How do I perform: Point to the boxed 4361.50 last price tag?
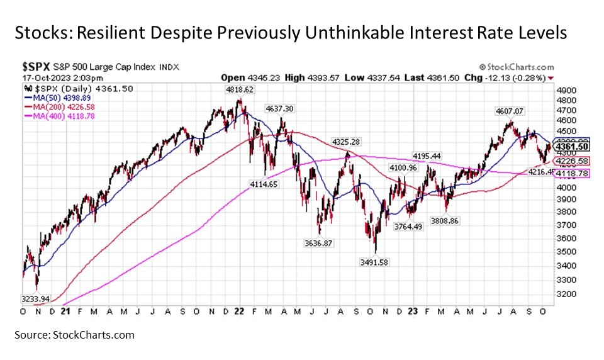click(571, 147)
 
